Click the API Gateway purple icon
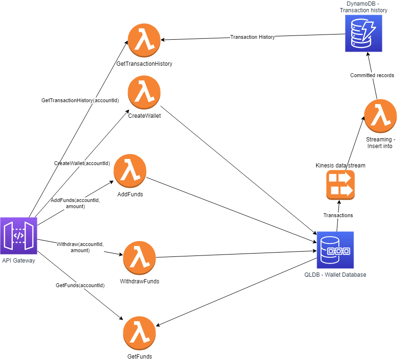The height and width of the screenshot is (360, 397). (x=18, y=236)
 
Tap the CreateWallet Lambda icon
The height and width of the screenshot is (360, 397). (x=144, y=92)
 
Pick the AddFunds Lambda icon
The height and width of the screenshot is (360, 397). (x=130, y=170)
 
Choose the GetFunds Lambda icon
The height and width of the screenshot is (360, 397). (x=139, y=333)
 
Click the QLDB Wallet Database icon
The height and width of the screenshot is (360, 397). (x=335, y=250)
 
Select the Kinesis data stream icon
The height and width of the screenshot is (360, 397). (x=340, y=185)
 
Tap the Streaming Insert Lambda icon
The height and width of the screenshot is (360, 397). (x=380, y=115)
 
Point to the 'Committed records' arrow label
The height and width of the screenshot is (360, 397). (x=372, y=75)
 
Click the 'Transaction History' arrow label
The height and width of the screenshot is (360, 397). (x=252, y=37)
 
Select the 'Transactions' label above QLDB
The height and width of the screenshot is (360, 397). (x=338, y=215)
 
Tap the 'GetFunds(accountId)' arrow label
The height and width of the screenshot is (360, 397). (x=80, y=285)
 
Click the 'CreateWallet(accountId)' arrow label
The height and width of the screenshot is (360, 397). (x=82, y=163)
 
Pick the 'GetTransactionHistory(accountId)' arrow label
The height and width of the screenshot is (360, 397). (x=80, y=100)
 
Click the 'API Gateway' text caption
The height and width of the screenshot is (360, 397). (x=18, y=260)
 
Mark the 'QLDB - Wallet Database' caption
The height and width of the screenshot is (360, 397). (x=335, y=275)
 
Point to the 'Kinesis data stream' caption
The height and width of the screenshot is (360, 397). (x=340, y=165)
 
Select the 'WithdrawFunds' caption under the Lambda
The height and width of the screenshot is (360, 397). (x=139, y=281)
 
